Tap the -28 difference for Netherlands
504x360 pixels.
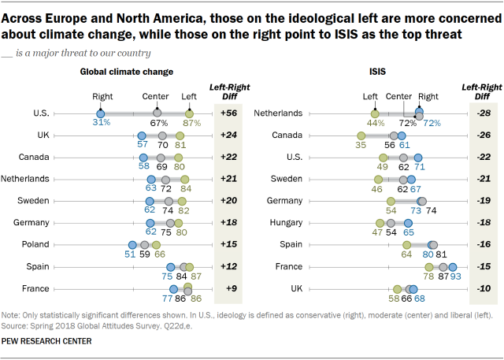point(484,113)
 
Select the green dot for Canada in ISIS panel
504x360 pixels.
point(361,135)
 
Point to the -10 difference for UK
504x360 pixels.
point(484,289)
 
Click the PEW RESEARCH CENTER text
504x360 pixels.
point(47,341)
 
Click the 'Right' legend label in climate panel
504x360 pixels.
point(102,97)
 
